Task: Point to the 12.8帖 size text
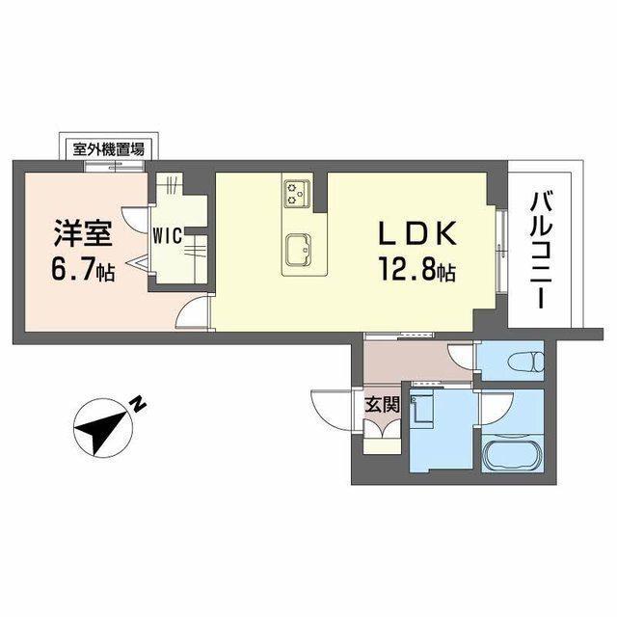[416, 272]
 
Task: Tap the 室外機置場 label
[108, 149]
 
